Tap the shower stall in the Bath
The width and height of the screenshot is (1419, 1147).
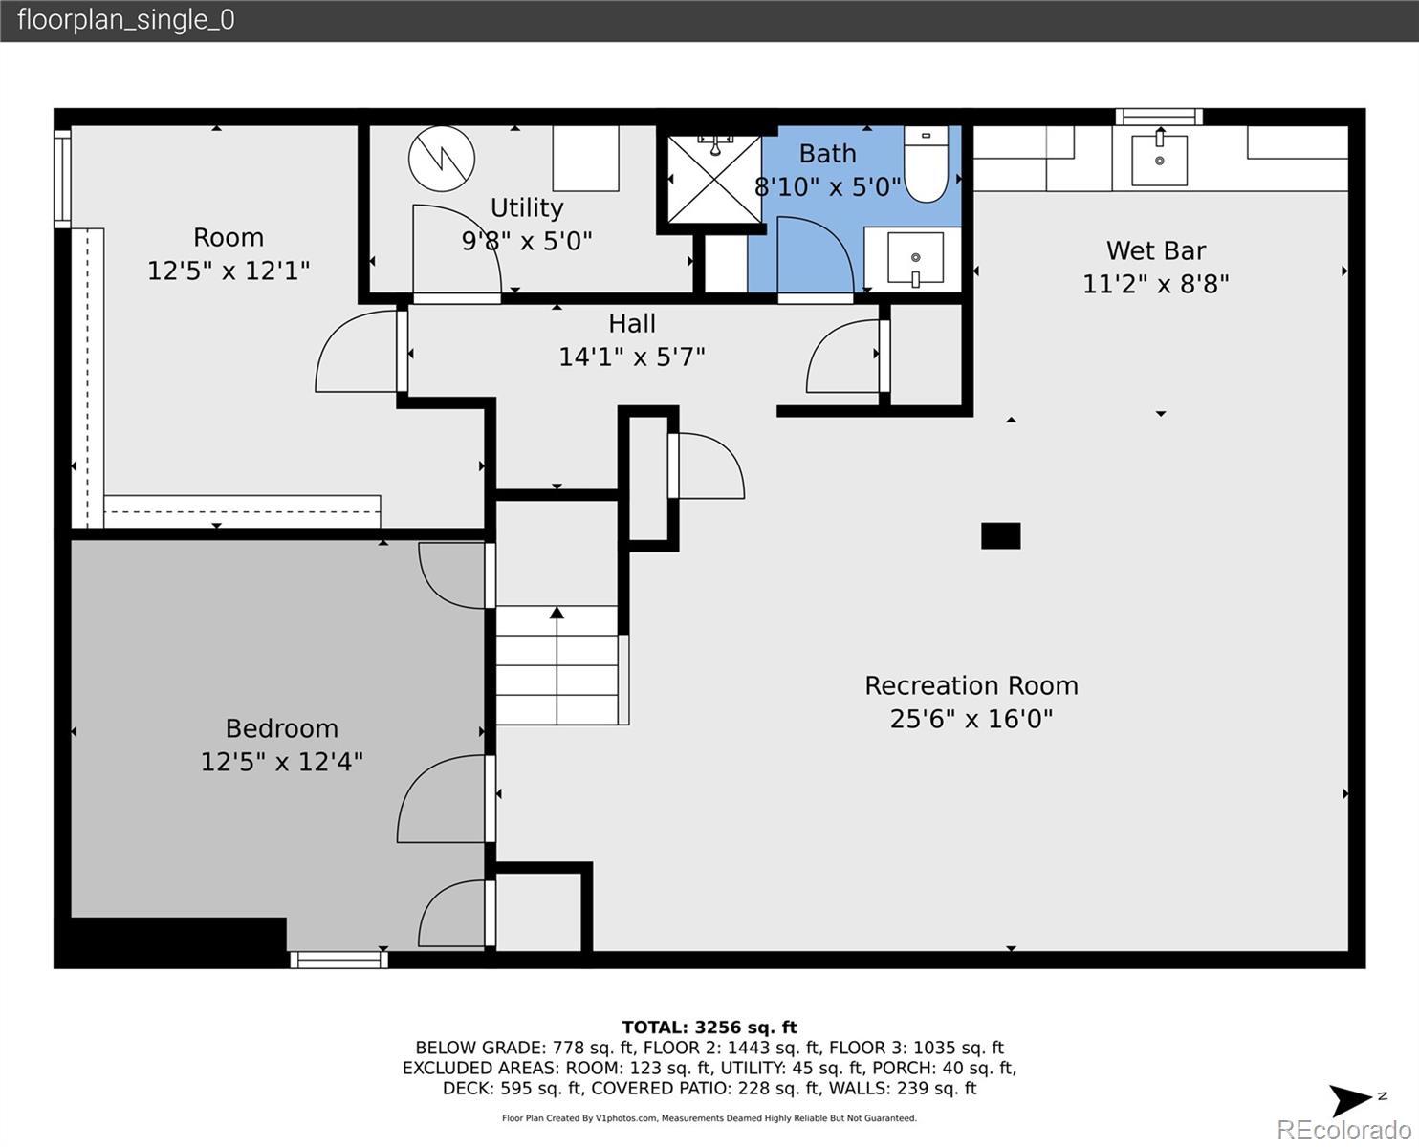(714, 179)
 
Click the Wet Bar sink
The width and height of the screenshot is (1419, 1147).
(1159, 160)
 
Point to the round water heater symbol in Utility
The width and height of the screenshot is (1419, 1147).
(442, 159)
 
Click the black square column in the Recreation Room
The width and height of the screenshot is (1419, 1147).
(1000, 536)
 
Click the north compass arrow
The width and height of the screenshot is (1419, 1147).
(1349, 1100)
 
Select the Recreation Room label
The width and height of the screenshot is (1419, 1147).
(971, 685)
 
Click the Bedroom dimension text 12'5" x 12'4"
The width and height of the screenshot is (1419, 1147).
(282, 762)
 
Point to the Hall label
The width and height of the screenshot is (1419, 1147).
(631, 323)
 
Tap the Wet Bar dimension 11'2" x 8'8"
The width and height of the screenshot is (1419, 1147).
(1156, 284)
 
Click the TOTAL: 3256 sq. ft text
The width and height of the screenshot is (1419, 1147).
(709, 1028)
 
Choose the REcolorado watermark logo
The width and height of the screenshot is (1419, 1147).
(1344, 1130)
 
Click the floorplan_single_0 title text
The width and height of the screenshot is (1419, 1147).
(126, 20)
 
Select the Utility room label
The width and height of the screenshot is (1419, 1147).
(527, 207)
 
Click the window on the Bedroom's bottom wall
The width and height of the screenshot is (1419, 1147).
(338, 960)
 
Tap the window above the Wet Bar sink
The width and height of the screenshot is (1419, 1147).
(1159, 117)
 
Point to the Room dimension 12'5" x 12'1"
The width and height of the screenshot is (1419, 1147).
(229, 271)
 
